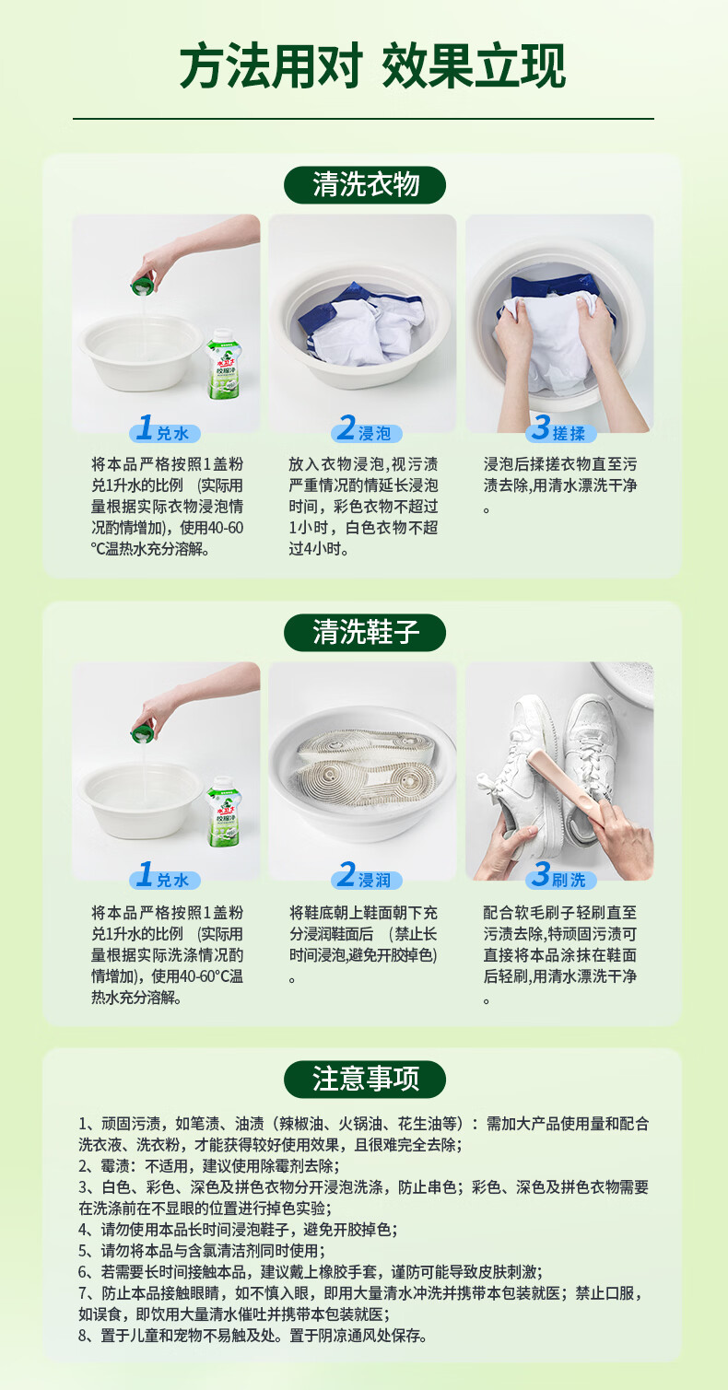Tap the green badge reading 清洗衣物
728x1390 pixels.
pyautogui.click(x=365, y=185)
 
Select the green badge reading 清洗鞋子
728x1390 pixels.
pyautogui.click(x=365, y=633)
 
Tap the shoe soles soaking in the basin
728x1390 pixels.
pyautogui.click(x=363, y=755)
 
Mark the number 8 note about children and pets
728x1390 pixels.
pyautogui.click(x=252, y=1337)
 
